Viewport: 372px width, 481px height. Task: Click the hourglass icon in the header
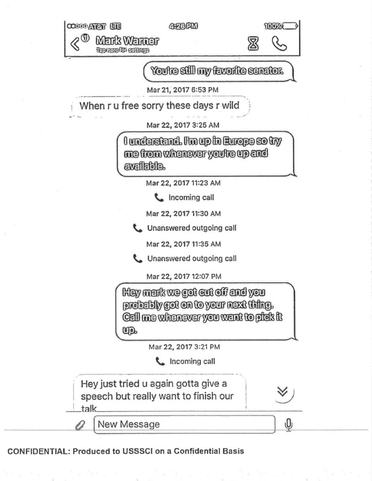click(x=254, y=44)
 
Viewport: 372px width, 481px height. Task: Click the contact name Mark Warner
click(x=126, y=40)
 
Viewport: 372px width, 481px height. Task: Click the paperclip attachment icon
click(x=79, y=425)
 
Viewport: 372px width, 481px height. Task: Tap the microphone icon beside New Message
click(x=289, y=425)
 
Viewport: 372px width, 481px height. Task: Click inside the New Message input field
click(x=184, y=425)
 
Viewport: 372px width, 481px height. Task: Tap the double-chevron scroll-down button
click(x=283, y=392)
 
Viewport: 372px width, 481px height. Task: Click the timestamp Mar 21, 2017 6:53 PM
click(x=182, y=90)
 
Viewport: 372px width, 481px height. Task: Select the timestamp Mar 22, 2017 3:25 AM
click(x=182, y=125)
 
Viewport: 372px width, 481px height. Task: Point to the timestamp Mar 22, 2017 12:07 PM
click(x=184, y=276)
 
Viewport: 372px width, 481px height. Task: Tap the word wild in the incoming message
click(x=230, y=105)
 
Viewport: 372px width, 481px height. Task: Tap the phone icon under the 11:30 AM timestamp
click(x=137, y=228)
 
